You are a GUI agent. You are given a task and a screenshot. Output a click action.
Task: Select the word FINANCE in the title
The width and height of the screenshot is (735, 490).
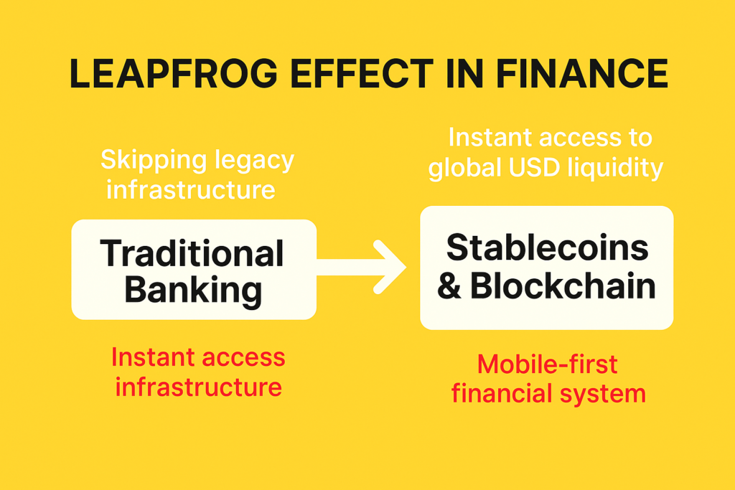(581, 74)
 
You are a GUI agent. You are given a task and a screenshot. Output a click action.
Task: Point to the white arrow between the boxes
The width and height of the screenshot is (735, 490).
(361, 267)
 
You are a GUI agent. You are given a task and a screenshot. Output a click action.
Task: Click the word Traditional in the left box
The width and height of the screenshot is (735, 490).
(192, 253)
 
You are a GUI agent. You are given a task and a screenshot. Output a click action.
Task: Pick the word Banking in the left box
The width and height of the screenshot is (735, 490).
(193, 291)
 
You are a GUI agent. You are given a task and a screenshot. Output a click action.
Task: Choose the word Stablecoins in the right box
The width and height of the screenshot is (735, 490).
(547, 248)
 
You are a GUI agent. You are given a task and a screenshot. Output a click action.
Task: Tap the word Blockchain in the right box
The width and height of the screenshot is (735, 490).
(563, 285)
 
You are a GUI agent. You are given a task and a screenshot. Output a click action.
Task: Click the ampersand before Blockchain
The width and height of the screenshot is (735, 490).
(449, 286)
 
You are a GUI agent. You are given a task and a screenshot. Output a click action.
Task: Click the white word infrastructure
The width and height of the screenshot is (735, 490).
(191, 189)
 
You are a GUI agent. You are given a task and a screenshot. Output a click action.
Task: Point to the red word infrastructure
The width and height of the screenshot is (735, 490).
(199, 387)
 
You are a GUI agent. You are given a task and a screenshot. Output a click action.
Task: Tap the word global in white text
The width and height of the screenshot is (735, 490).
(464, 168)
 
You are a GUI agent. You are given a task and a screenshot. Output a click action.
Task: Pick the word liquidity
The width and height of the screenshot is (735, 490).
(615, 168)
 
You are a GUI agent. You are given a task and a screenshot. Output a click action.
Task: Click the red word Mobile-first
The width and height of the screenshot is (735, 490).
(547, 364)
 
